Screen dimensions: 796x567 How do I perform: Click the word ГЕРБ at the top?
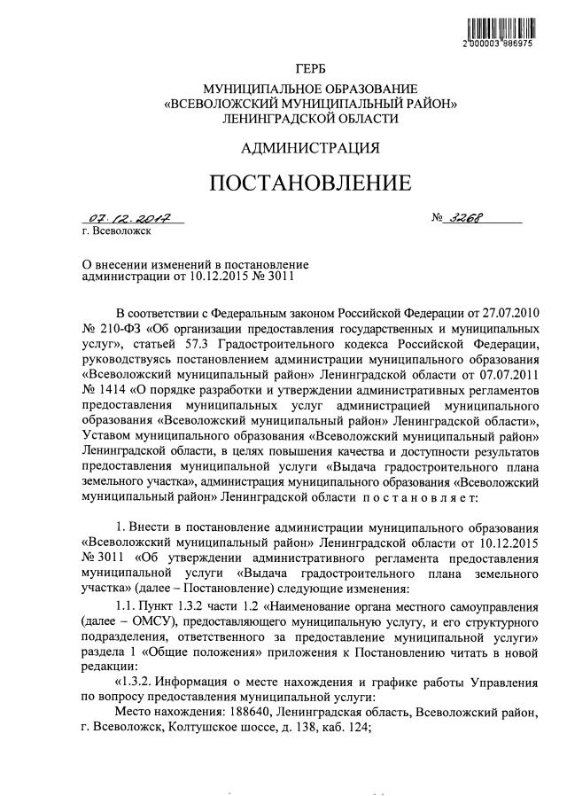tap(310, 69)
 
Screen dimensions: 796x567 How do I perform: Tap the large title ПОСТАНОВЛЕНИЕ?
tap(310, 183)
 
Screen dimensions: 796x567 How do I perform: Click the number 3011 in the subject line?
tap(276, 276)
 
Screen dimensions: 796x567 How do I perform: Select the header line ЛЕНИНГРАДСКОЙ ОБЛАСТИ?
tap(310, 117)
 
